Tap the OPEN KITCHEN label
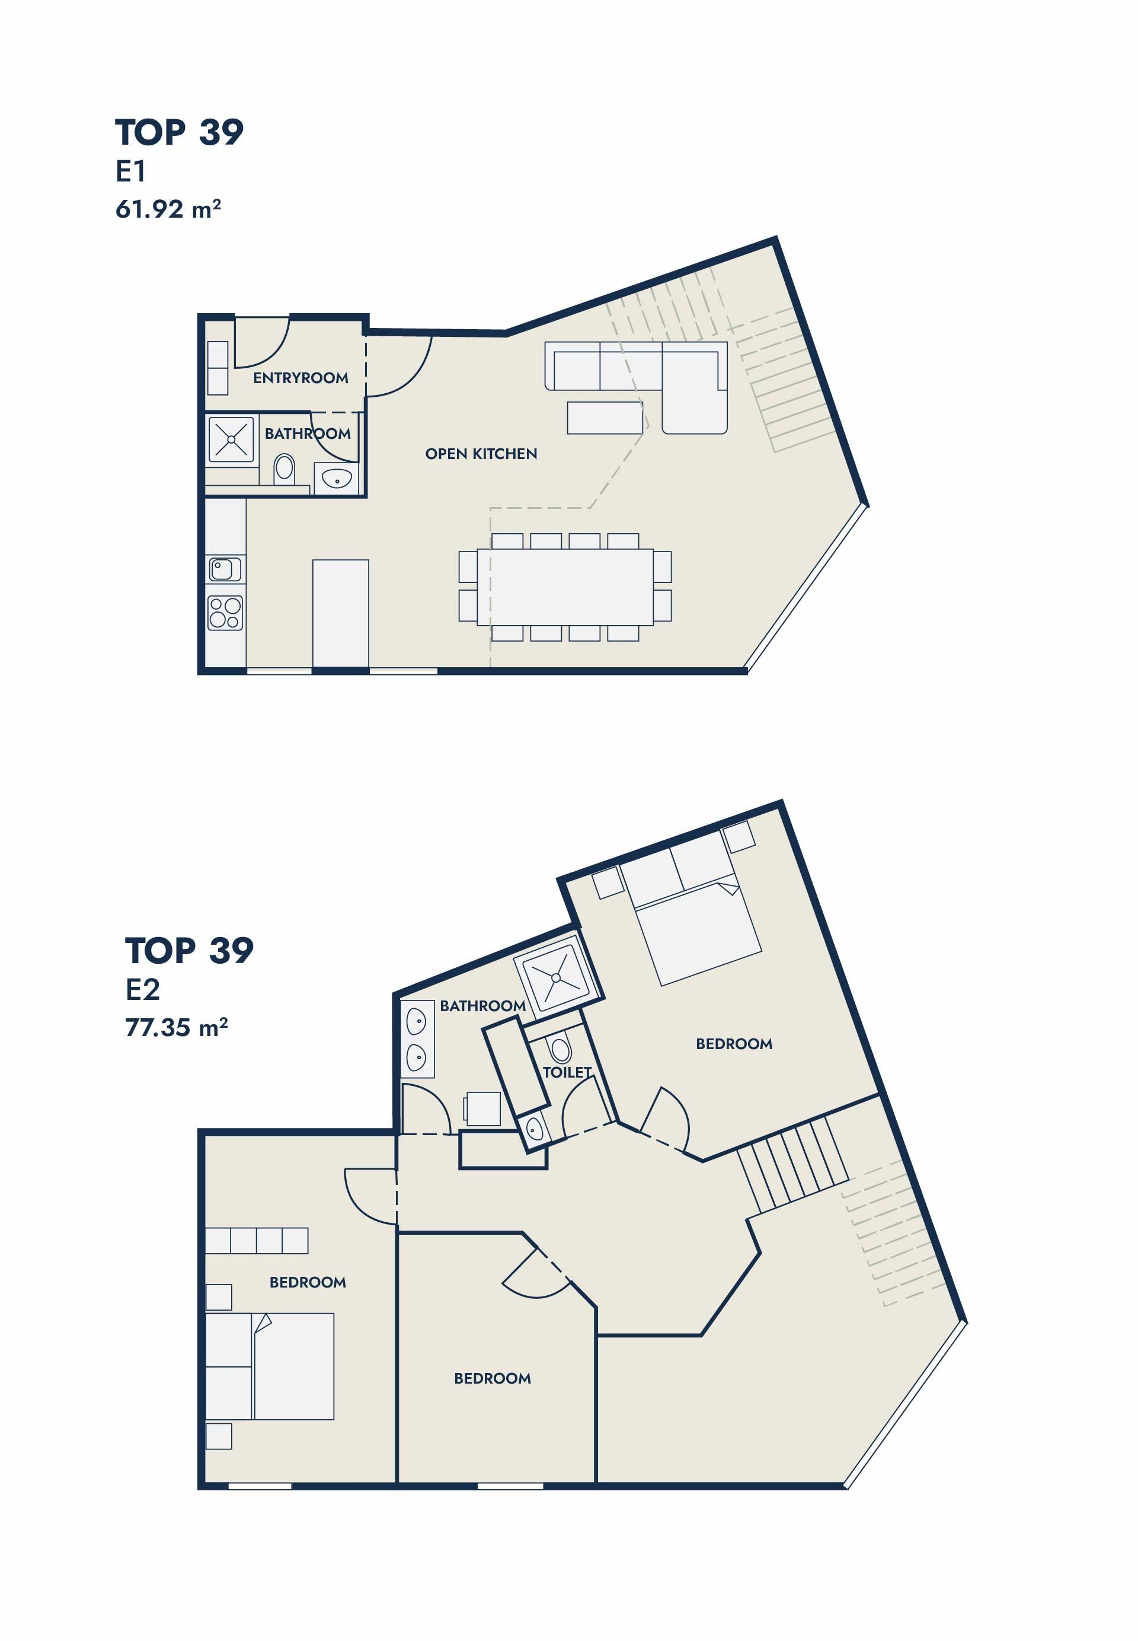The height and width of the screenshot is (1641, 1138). tap(481, 454)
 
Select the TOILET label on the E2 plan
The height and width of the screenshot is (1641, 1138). tap(567, 1072)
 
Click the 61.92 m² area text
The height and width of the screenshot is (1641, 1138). tap(168, 209)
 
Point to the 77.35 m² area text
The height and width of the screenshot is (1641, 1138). tap(176, 1027)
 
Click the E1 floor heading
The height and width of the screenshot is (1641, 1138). tap(131, 171)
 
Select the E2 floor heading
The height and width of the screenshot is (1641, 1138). tap(143, 990)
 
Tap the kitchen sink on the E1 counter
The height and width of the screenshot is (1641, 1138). tap(225, 569)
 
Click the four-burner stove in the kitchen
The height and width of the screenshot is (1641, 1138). tap(225, 613)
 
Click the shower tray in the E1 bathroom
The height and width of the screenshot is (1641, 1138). tap(231, 439)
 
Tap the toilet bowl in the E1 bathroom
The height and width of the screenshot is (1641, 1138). tap(284, 470)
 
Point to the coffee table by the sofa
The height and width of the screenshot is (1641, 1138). tap(605, 418)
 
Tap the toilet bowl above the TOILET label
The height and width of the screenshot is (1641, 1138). tap(561, 1049)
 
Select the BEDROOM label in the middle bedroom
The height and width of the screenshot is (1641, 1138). tap(492, 1378)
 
